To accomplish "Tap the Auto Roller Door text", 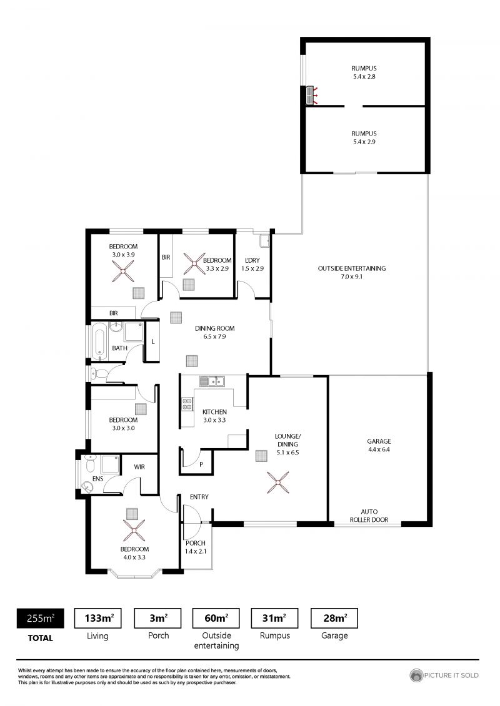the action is (x=369, y=516).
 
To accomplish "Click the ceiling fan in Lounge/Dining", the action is (x=277, y=483).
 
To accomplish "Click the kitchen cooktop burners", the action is (x=187, y=403).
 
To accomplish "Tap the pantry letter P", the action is (x=201, y=464).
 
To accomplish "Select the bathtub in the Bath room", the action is (x=99, y=341).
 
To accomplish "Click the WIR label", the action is (x=139, y=467).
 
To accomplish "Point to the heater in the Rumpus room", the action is (x=310, y=96).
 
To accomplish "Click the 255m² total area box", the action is (x=40, y=618).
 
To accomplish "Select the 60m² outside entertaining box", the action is (x=216, y=618).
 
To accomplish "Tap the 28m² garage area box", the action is (x=334, y=618).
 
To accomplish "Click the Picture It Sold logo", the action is (x=444, y=675).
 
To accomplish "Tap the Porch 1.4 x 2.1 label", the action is (x=196, y=547).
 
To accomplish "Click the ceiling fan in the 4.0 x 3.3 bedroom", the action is (x=134, y=531).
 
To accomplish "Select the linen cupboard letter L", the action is (x=153, y=341).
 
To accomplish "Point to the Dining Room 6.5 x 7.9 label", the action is (x=214, y=332).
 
